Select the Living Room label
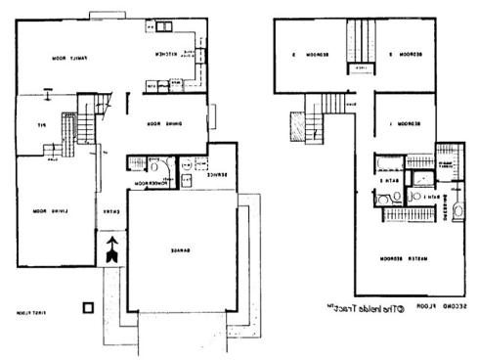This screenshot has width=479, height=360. tap(41, 210)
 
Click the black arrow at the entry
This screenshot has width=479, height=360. tap(111, 249)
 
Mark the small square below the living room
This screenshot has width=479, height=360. tap(89, 307)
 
